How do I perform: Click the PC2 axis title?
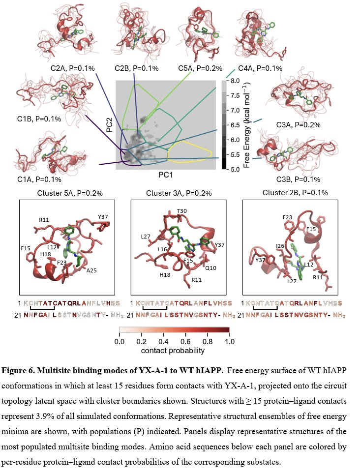pos(109,124)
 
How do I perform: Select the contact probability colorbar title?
pos(173,351)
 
